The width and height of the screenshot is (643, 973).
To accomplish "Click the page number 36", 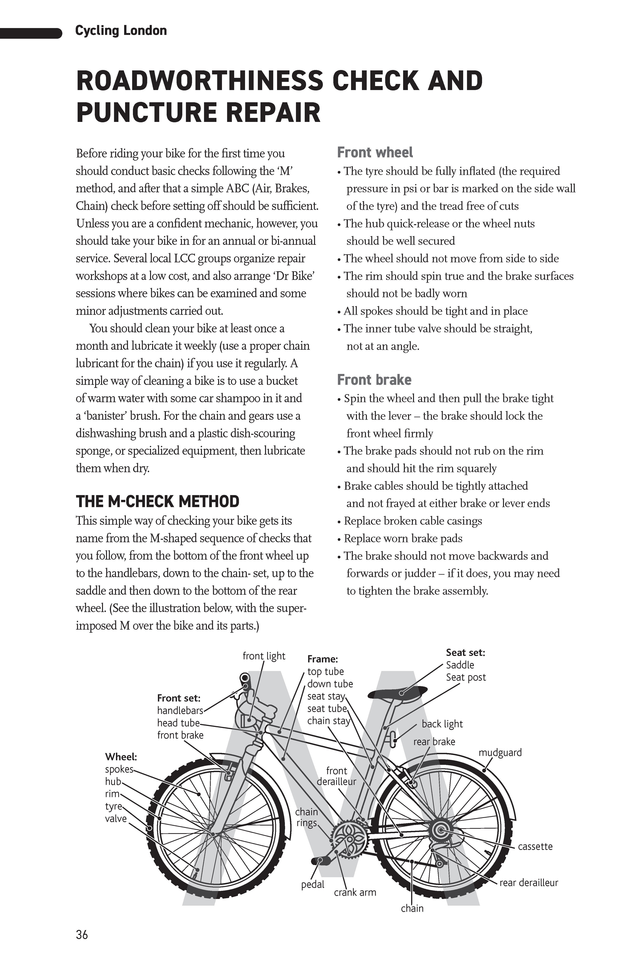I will coord(82,934).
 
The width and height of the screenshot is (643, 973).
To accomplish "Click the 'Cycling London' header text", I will coord(121,31).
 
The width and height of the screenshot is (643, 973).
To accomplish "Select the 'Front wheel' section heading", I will coord(375,153).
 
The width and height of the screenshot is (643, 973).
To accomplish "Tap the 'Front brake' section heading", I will coord(374,380).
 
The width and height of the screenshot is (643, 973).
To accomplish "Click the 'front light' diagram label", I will coord(264,656).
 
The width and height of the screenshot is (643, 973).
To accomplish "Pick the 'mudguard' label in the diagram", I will coord(500,752).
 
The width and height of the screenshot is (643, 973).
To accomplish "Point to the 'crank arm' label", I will coord(355,892).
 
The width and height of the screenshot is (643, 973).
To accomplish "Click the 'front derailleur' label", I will coord(336,776).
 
